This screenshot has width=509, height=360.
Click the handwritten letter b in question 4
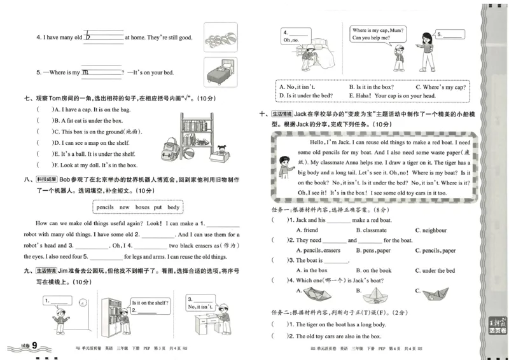click(89, 37)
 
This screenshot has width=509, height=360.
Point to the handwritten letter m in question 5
click(86, 73)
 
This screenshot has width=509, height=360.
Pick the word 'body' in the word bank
click(174, 207)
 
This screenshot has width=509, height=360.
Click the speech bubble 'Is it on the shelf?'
click(148, 305)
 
